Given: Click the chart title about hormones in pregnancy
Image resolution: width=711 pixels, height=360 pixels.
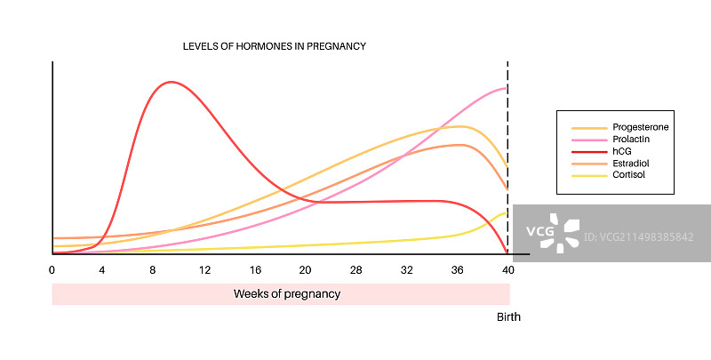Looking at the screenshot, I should tap(275, 45).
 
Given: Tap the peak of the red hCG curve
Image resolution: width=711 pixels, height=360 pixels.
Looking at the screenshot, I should tap(170, 82).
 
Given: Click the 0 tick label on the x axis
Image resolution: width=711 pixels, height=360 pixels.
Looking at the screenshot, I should tap(52, 269).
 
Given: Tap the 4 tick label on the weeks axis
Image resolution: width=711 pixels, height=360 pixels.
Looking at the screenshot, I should tap(103, 269).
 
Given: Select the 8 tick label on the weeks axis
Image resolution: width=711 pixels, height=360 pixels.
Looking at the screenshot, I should tap(154, 269).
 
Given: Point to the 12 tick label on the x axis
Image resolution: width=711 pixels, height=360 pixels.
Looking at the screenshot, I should tap(204, 269).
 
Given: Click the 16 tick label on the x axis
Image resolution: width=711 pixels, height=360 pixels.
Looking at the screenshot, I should tap(255, 269).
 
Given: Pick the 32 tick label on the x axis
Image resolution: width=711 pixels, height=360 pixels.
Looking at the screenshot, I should tap(407, 269).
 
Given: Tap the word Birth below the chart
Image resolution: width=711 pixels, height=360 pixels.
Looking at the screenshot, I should tap(508, 317).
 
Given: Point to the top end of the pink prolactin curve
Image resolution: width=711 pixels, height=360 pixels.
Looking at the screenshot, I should tap(507, 88).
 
